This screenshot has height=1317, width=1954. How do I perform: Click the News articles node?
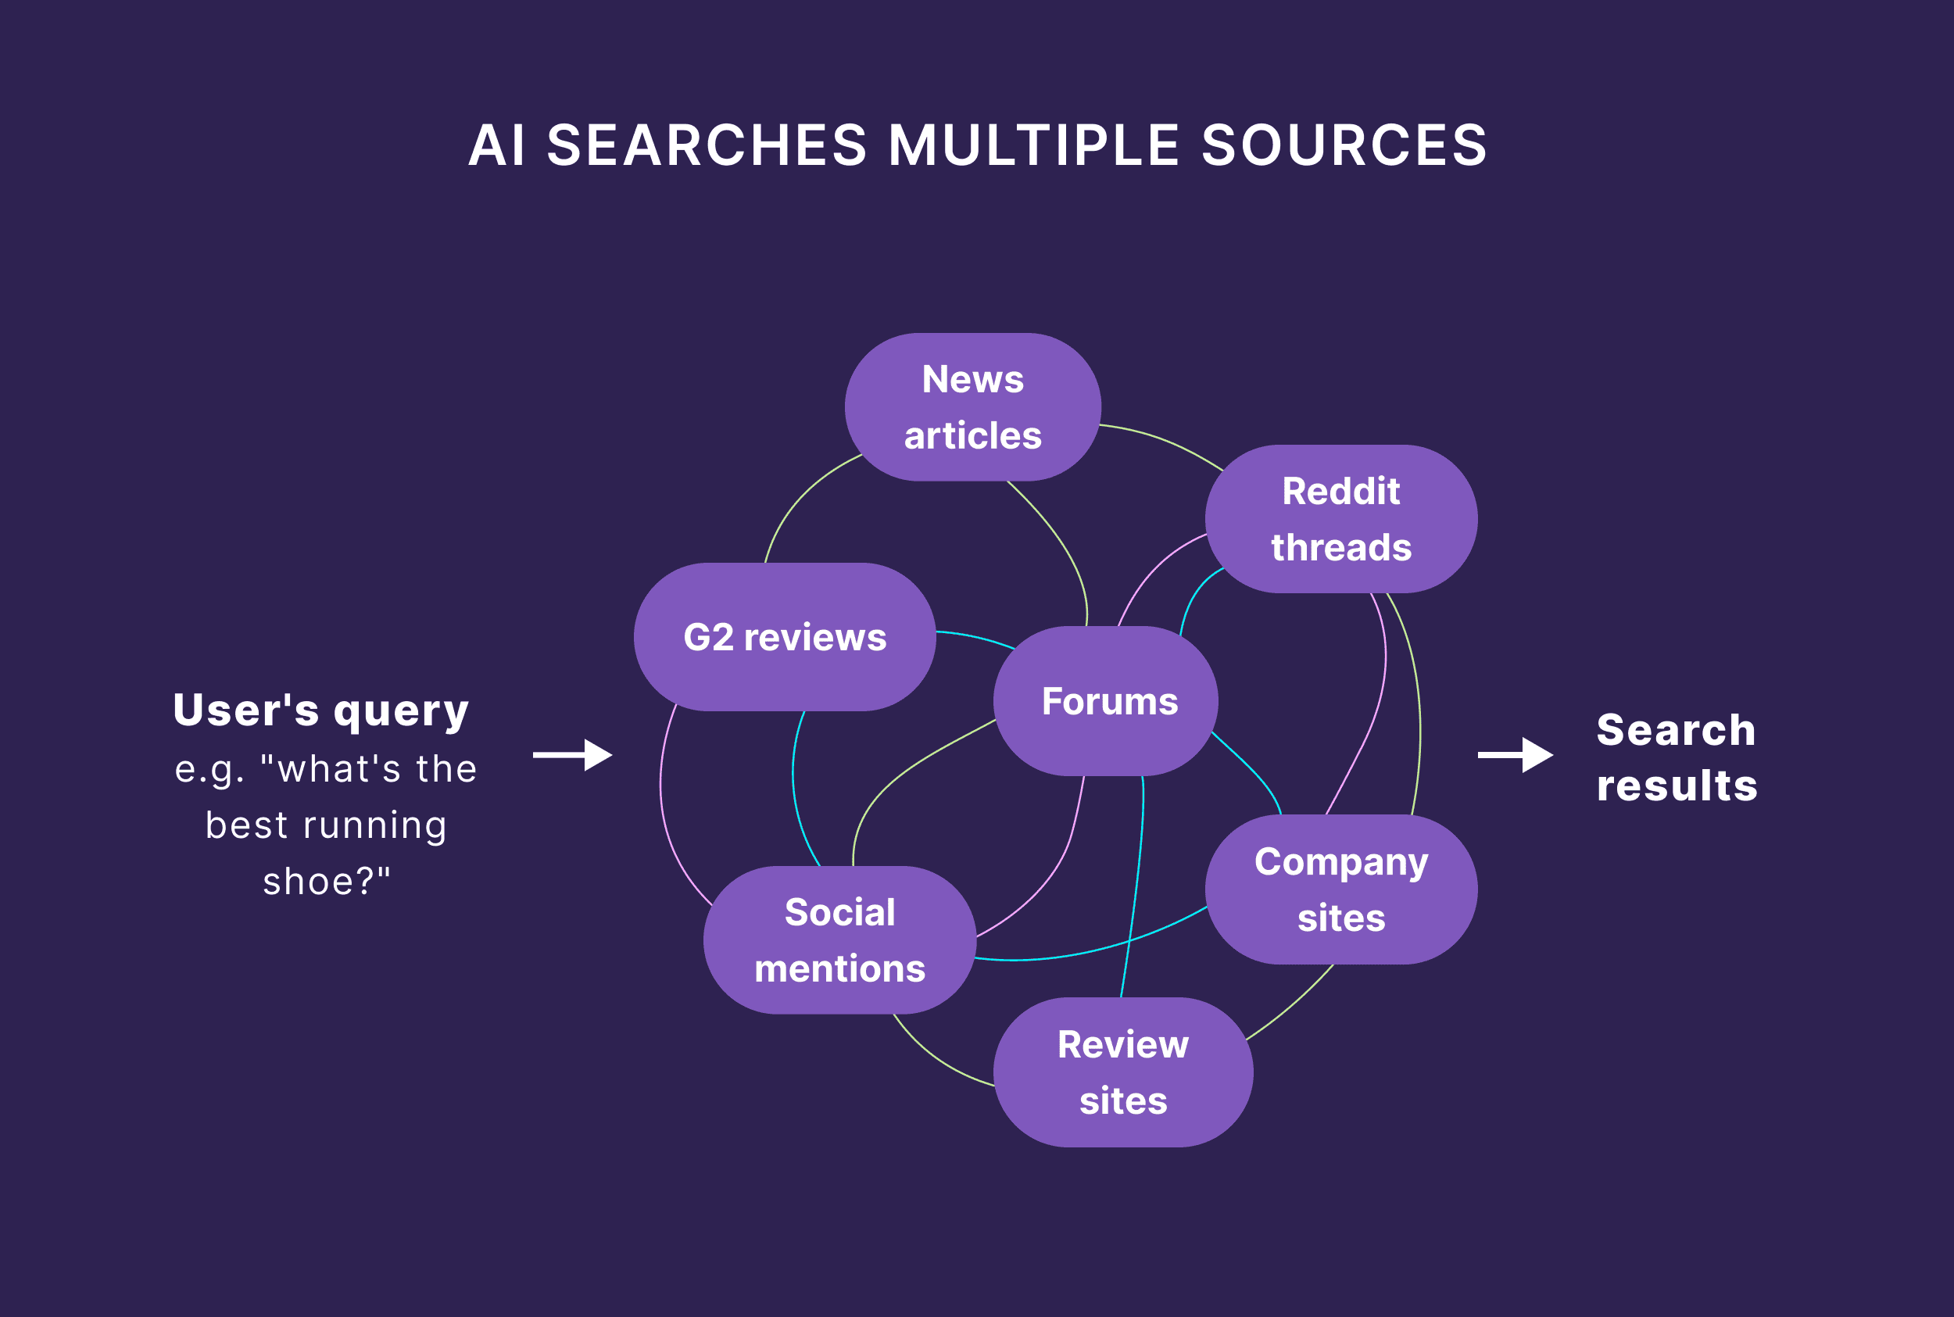(x=972, y=407)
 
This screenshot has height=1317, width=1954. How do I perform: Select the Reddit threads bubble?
(x=1340, y=519)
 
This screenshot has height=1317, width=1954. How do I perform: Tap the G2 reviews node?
(x=784, y=637)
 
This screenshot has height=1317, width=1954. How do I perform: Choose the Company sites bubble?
(x=1340, y=889)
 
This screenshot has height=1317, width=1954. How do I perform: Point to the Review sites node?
(x=1122, y=1072)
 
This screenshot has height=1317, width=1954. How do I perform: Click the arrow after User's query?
(x=573, y=754)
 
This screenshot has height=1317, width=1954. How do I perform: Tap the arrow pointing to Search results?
(x=1515, y=754)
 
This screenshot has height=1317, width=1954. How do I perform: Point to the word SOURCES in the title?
(x=1344, y=145)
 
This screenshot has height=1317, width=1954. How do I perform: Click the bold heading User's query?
(x=320, y=710)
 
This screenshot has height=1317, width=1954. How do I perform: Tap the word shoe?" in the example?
(x=327, y=882)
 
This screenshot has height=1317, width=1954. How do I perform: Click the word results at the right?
(x=1677, y=786)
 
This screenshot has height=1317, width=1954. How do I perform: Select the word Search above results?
(x=1676, y=730)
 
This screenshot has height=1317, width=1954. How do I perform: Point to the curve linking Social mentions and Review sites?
(x=934, y=1058)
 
